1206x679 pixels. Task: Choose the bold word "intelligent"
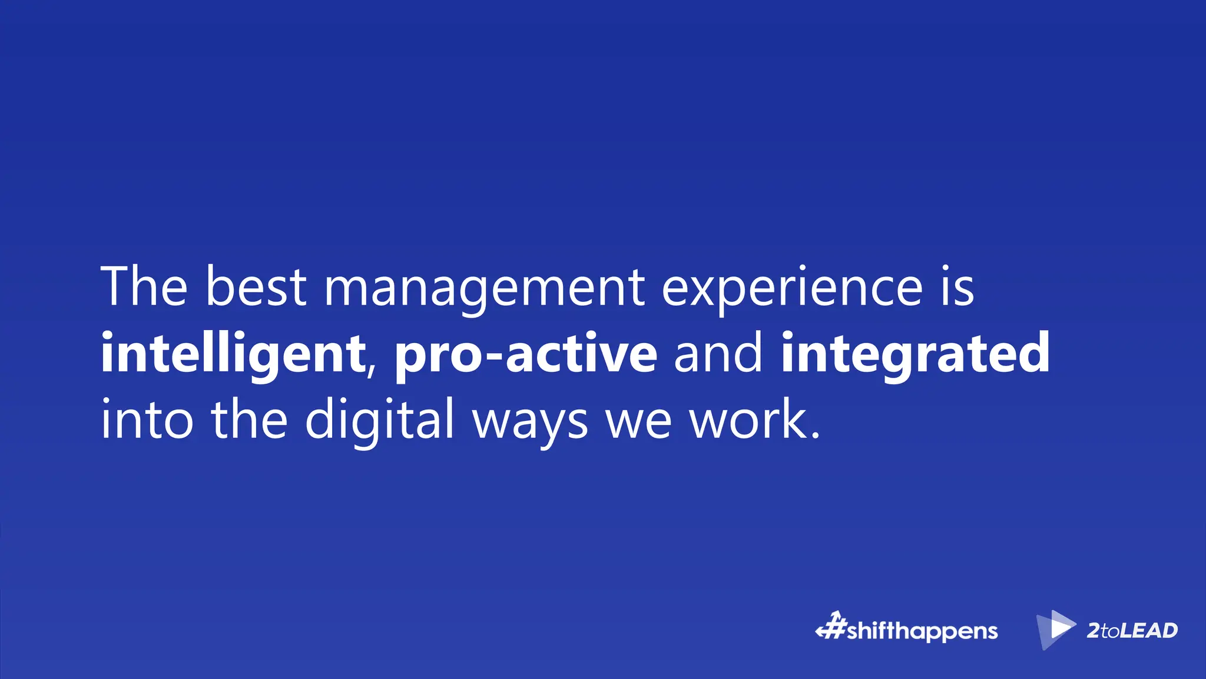(233, 354)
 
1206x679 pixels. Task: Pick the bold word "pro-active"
(525, 354)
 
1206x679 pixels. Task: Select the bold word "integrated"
(915, 354)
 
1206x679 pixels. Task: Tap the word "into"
(147, 420)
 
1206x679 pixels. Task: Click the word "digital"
(380, 420)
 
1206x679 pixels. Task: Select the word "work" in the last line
(748, 420)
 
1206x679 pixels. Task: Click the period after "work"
(815, 436)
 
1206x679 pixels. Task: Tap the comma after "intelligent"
(371, 371)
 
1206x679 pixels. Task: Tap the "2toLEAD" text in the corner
(1132, 631)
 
